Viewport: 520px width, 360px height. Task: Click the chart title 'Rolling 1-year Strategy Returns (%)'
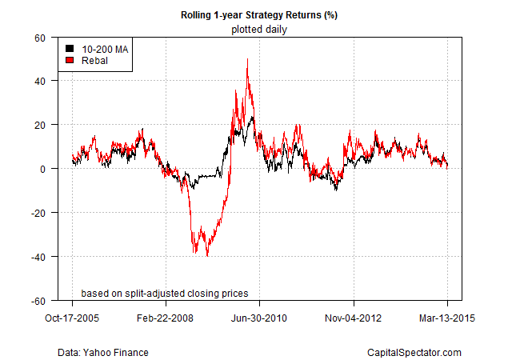tap(259, 15)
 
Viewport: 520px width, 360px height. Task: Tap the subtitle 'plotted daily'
tap(259, 30)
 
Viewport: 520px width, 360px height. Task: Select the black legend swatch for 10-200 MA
tap(70, 49)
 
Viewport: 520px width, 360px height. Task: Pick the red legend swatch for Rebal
tap(70, 60)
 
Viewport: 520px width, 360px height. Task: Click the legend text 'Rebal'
tap(94, 61)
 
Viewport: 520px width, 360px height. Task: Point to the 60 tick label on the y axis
tap(40, 38)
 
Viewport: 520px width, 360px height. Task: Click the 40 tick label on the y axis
tap(40, 82)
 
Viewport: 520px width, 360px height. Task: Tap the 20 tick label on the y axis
tap(40, 125)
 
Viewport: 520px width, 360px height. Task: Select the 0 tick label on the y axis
tap(42, 169)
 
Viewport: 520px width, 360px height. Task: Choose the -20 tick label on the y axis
tap(38, 213)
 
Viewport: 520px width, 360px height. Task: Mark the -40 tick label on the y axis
tap(38, 257)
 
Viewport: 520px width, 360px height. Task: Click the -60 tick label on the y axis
tap(38, 301)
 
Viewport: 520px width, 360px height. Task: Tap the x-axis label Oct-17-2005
tap(72, 318)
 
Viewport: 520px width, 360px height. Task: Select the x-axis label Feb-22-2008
tap(165, 318)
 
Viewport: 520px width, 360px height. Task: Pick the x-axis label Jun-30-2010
tap(259, 318)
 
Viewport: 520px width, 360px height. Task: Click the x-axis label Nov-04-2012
tap(353, 318)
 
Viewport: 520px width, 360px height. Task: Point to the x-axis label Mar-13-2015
tap(447, 318)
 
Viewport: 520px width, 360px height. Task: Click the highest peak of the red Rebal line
tap(247, 59)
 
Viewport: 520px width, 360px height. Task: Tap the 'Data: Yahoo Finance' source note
tap(103, 352)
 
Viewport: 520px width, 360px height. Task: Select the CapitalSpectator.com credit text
tap(414, 352)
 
